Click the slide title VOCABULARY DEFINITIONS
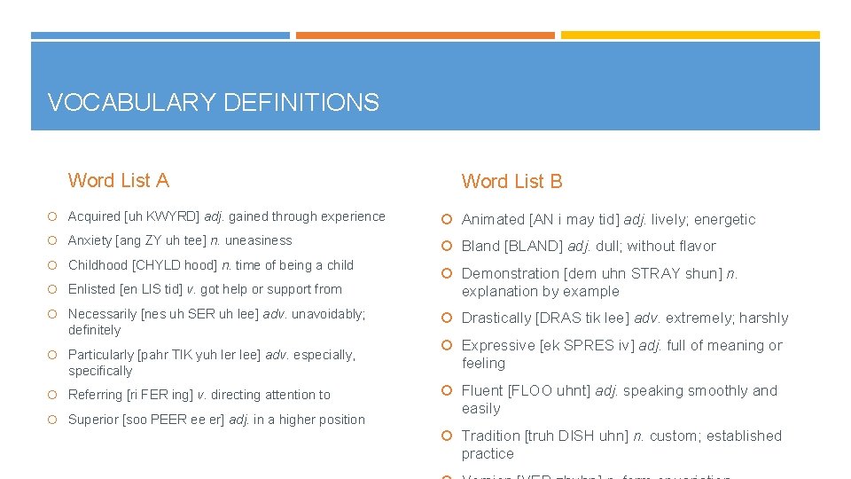coord(213,103)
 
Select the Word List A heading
coord(118,181)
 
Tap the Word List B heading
coord(511,182)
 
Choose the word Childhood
coord(98,265)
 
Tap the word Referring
coord(95,395)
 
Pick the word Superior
coord(93,420)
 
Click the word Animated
coord(493,220)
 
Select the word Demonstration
coord(510,274)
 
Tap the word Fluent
coord(481,391)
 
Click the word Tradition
coord(490,436)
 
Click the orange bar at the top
coord(425,35)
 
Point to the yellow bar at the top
coord(690,35)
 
